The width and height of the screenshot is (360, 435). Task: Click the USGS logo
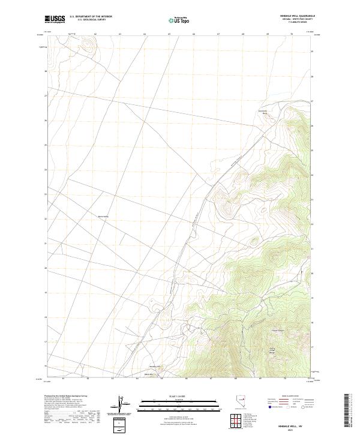tap(55, 19)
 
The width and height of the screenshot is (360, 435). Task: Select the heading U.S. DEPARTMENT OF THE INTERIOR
tap(91, 16)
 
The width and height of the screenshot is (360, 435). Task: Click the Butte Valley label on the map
tap(103, 217)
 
